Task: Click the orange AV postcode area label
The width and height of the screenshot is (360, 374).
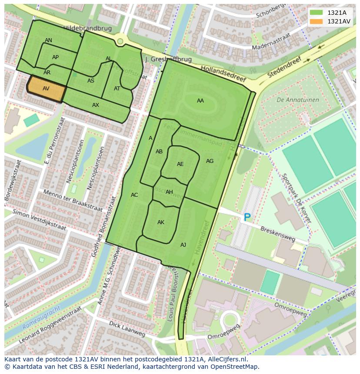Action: pos(46,89)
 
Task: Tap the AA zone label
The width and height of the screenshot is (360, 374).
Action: pos(200,101)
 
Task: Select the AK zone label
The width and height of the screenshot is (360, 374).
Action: pos(161,222)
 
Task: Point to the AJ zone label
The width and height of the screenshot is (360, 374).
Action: pos(183,245)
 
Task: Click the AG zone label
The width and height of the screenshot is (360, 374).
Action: pos(210,161)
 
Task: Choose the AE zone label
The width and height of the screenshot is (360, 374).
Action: pos(180,164)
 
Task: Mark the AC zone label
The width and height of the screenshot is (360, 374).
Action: pos(134,195)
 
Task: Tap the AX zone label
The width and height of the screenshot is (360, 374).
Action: pos(96,105)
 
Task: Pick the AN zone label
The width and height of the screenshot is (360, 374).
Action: pos(48,40)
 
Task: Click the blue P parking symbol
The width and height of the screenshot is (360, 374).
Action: pos(247,217)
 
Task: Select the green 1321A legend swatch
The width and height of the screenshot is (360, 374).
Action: pos(316,13)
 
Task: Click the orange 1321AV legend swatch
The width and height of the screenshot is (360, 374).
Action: pos(316,21)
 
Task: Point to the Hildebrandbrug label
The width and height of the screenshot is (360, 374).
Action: pos(87,28)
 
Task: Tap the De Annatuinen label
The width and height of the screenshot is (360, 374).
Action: pos(298,100)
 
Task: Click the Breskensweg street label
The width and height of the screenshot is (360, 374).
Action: pos(278,232)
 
